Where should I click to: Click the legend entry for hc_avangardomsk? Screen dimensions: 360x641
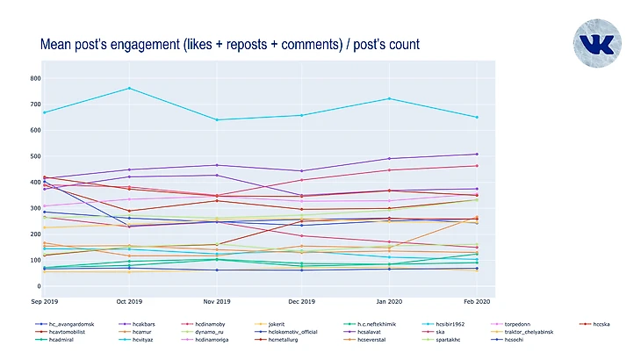(66, 324)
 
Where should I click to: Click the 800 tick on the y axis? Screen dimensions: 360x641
(36, 78)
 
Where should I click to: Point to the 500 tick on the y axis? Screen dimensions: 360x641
(36, 156)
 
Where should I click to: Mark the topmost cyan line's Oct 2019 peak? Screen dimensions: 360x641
(130, 88)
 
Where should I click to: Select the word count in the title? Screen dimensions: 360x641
(401, 44)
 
